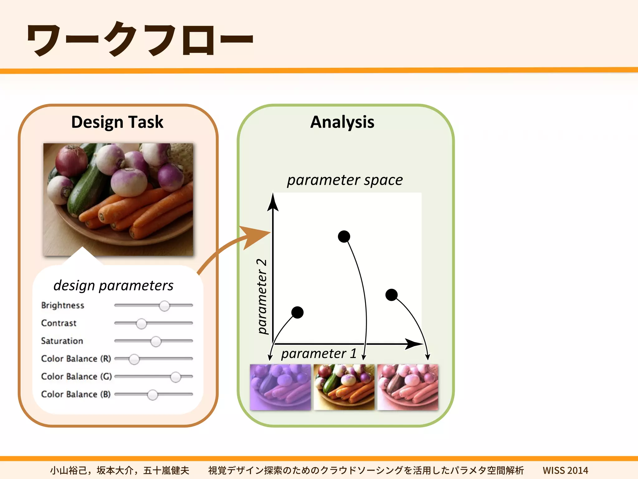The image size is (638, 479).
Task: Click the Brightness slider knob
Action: click(x=164, y=306)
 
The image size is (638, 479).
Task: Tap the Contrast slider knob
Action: click(x=141, y=324)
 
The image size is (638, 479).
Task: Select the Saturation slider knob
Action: click(x=156, y=341)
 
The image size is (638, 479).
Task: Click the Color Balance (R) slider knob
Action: click(x=134, y=359)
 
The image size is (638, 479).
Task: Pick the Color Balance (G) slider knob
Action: click(x=176, y=377)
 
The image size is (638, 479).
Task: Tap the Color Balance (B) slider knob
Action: click(x=153, y=395)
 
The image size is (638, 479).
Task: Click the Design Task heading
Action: click(x=117, y=122)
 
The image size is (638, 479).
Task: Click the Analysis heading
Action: click(x=342, y=122)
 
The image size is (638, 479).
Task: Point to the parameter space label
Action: click(x=345, y=180)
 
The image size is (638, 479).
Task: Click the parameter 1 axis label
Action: click(x=319, y=354)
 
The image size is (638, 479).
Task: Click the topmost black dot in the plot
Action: click(x=344, y=236)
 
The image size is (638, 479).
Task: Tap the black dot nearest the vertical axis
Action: click(x=297, y=312)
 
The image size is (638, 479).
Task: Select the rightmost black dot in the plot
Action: click(x=391, y=295)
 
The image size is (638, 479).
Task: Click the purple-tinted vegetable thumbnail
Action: click(x=280, y=387)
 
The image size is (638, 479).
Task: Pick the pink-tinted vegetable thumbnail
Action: click(x=407, y=387)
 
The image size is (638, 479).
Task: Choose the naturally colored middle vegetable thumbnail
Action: click(x=344, y=387)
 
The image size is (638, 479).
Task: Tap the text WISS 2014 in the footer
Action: click(x=565, y=470)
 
